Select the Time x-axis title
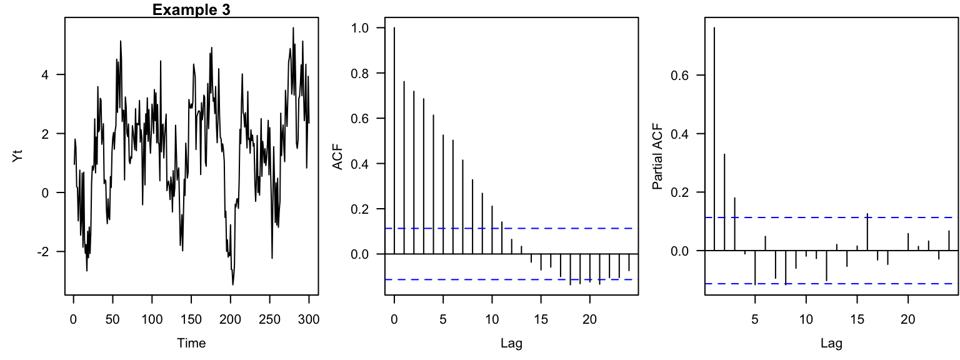(x=191, y=343)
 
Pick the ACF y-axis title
(x=338, y=156)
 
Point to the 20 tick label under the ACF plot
(x=589, y=319)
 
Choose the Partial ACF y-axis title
(x=658, y=156)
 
